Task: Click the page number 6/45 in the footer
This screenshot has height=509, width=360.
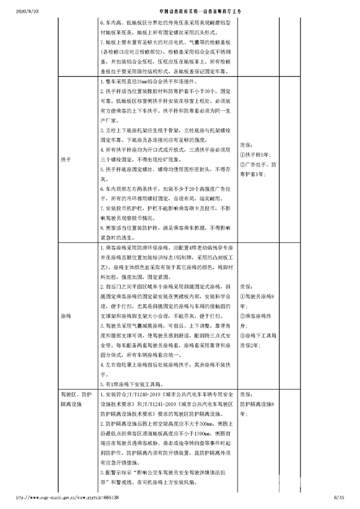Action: (339, 498)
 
